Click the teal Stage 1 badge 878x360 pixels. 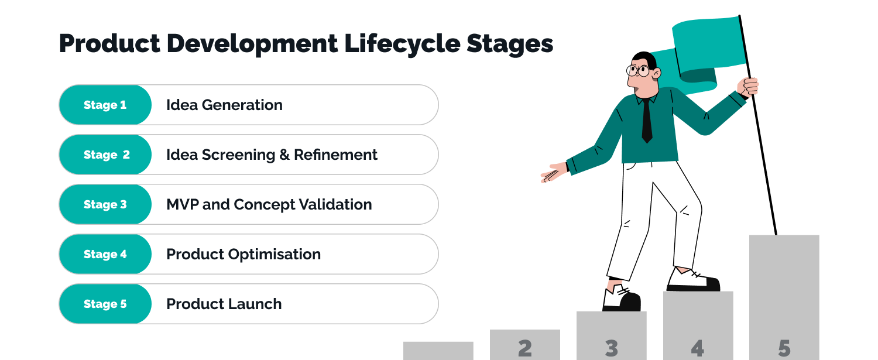[x=105, y=105]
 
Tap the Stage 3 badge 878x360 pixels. [x=105, y=205]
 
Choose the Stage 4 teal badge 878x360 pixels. [x=105, y=255]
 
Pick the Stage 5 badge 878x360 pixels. [x=105, y=304]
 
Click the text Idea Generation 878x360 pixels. [x=224, y=105]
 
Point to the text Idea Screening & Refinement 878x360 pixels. [x=272, y=155]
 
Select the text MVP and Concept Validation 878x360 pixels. [x=269, y=205]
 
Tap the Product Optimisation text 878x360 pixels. [x=243, y=255]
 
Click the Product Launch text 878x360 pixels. [x=224, y=304]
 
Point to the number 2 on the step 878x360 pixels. [x=525, y=348]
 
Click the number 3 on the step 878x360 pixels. [x=612, y=348]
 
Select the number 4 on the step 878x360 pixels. [x=697, y=348]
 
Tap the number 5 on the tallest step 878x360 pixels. [x=784, y=348]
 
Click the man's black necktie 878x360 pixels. [x=647, y=120]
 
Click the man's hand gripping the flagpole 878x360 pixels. [x=749, y=87]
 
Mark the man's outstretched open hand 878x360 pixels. [x=553, y=174]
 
